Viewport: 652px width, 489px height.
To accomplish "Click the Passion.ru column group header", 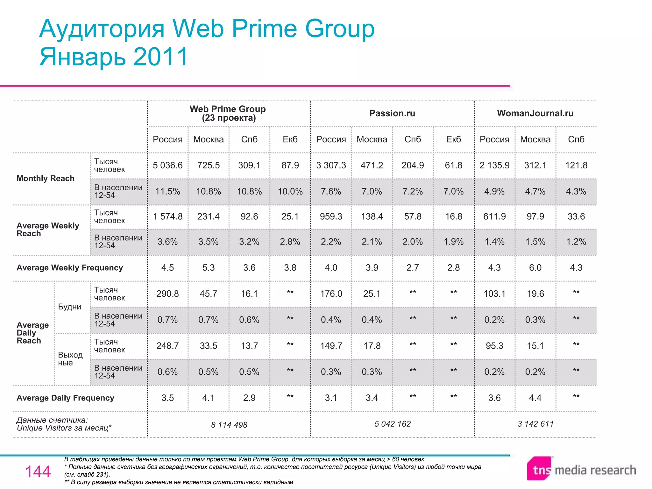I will (392, 113).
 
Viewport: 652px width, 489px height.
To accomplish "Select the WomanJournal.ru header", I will (535, 113).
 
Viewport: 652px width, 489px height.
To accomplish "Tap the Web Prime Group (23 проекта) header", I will (228, 113).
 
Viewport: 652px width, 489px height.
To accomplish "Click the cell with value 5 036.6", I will (167, 165).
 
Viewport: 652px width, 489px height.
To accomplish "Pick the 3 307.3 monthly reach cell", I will (331, 165).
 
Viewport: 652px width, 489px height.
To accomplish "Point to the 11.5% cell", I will (167, 191).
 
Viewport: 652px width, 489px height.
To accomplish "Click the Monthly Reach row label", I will (46, 178).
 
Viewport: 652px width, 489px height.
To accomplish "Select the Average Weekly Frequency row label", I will (70, 268).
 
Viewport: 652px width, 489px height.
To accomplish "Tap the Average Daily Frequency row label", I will (65, 398).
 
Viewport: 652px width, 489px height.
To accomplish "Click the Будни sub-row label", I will (69, 307).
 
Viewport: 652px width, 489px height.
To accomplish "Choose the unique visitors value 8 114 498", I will (229, 425).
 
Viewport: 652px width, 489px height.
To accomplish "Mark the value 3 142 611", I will (535, 424).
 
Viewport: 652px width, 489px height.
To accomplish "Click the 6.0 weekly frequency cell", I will (535, 268).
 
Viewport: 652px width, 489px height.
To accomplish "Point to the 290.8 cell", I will (167, 294).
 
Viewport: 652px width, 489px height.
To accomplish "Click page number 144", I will (38, 471).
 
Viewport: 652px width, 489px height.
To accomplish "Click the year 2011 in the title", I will (161, 57).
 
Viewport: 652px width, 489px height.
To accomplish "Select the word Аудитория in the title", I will (102, 29).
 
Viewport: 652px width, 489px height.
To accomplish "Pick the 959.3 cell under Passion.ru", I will (331, 216).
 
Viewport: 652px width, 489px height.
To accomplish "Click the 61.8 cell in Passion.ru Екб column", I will (453, 165).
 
